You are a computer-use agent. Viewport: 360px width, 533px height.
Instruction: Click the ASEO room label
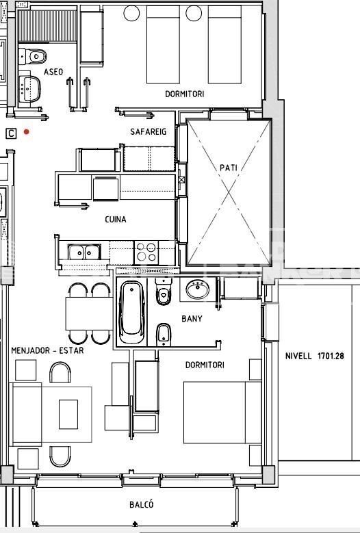click(53, 72)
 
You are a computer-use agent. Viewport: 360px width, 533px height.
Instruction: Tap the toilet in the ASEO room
click(32, 56)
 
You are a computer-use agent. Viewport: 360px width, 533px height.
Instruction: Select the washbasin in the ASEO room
click(29, 88)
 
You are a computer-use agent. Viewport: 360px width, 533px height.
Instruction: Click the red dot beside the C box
click(26, 132)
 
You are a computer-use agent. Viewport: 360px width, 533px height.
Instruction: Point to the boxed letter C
click(11, 133)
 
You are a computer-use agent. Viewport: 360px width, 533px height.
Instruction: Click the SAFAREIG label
click(149, 131)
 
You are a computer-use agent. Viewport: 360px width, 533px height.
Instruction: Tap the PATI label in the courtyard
click(228, 168)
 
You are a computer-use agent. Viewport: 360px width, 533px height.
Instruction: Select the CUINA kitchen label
click(116, 220)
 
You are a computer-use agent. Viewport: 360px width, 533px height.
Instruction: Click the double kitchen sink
click(84, 252)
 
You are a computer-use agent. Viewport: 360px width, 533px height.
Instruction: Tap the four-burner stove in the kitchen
click(146, 252)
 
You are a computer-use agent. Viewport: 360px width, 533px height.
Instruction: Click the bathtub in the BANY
click(132, 313)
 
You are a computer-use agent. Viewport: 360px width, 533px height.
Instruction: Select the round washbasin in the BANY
click(198, 289)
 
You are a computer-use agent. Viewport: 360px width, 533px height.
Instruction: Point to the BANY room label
click(192, 319)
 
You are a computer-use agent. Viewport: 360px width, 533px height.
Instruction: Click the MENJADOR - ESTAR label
click(47, 350)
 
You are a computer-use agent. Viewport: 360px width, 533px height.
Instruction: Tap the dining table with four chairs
click(89, 313)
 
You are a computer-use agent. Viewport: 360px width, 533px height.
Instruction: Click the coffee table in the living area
click(68, 414)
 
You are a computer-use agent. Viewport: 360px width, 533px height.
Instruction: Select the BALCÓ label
click(142, 504)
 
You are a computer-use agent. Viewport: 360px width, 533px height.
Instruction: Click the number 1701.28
click(331, 356)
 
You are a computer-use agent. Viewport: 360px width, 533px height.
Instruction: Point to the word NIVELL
click(298, 356)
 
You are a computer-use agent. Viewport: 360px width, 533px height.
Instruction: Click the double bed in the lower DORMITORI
click(222, 413)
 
